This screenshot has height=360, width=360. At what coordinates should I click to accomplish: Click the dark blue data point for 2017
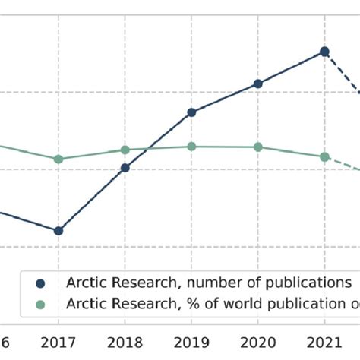click(x=58, y=230)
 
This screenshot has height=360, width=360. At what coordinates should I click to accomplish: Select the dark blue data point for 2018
click(x=125, y=168)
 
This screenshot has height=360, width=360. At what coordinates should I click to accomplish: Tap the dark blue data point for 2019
click(x=191, y=112)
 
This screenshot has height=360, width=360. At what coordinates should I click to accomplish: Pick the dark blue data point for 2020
click(x=258, y=84)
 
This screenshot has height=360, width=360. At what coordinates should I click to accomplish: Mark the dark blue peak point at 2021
click(x=324, y=52)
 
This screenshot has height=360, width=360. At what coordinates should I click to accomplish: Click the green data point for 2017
click(x=58, y=159)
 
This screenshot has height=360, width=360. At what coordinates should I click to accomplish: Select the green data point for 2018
click(x=125, y=150)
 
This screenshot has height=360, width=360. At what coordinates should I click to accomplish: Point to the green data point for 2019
click(x=191, y=147)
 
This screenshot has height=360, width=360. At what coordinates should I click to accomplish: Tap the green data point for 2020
click(x=258, y=147)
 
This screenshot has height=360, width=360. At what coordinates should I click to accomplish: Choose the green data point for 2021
click(x=324, y=156)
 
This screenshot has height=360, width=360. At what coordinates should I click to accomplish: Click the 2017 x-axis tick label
click(x=58, y=342)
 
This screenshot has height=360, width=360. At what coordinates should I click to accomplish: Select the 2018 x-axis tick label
click(x=125, y=342)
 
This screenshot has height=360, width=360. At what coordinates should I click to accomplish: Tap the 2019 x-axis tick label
click(x=191, y=342)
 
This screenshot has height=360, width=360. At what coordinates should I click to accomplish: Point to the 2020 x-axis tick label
click(x=258, y=342)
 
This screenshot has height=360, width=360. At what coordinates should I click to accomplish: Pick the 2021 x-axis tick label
click(x=324, y=342)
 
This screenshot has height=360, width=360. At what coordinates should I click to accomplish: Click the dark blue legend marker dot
click(x=41, y=283)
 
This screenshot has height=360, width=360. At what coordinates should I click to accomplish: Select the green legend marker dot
click(x=41, y=303)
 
